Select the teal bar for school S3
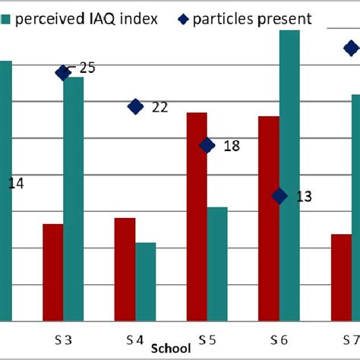[x=74, y=198]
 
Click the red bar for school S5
[x=197, y=216]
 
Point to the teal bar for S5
[x=217, y=264]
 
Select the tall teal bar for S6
[x=289, y=175]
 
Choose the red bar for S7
[x=341, y=277]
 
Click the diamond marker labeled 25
[x=63, y=72]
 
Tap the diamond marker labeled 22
[x=135, y=106]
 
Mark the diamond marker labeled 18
[x=207, y=145]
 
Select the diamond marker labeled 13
[x=279, y=196]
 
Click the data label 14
[x=16, y=183]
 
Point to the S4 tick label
[x=134, y=338]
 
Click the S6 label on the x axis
[x=278, y=338]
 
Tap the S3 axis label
[x=62, y=338]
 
